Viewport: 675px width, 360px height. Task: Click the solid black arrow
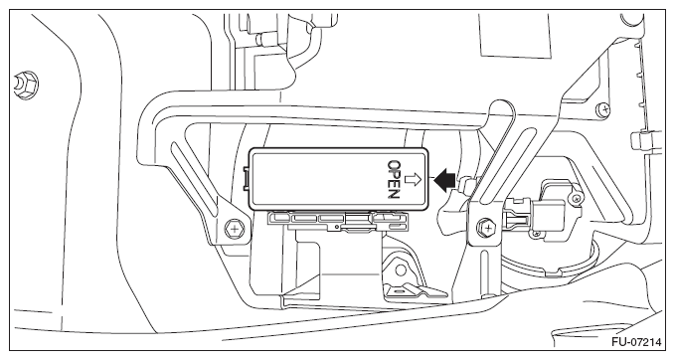coord(443,180)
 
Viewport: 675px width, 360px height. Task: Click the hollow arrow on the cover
coord(414,180)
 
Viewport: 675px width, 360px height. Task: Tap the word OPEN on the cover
coord(394,180)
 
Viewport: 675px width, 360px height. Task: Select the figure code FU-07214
coord(636,342)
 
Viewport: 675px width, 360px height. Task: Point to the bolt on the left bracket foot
coord(235,228)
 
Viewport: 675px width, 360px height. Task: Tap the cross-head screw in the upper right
coord(604,109)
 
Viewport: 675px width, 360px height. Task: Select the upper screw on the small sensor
coord(576,199)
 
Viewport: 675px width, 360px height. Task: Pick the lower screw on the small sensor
coord(537,234)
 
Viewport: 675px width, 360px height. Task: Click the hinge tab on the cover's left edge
coord(246,178)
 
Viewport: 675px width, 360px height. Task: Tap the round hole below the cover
coord(401,270)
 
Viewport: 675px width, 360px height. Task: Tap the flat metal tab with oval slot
coord(414,291)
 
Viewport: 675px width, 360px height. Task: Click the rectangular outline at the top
coord(515,35)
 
